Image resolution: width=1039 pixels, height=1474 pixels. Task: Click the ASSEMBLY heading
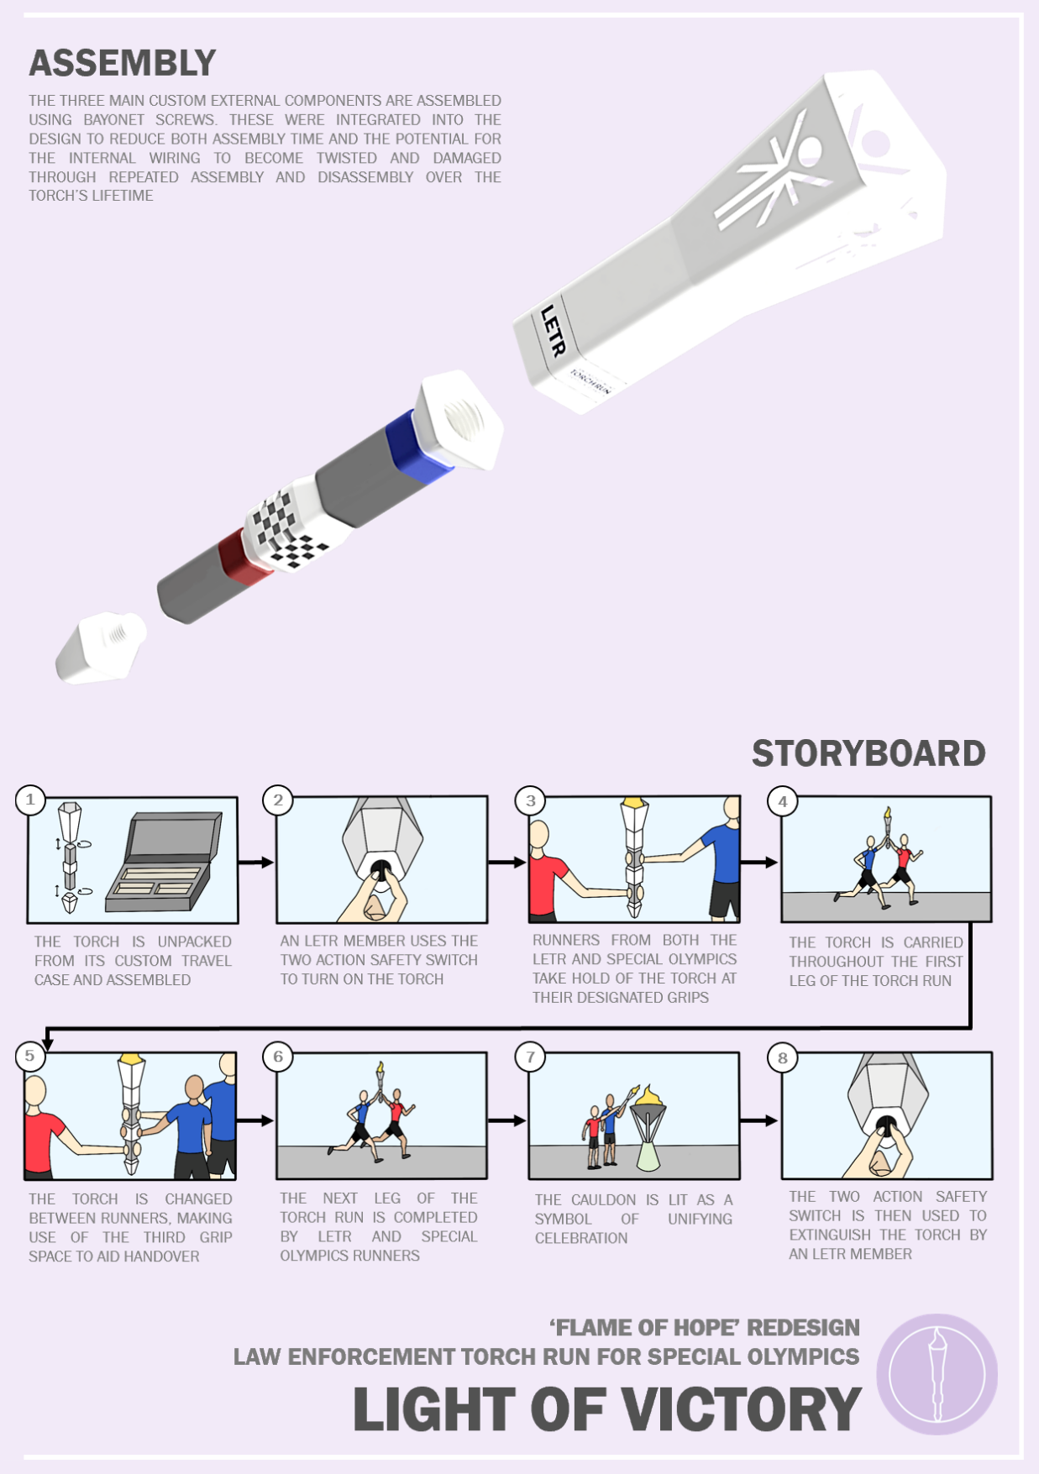click(123, 63)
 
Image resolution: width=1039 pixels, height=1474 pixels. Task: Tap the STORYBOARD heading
click(868, 753)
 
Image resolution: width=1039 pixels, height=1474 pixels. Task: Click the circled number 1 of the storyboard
click(30, 800)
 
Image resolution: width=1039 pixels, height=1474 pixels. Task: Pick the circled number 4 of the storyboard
click(783, 801)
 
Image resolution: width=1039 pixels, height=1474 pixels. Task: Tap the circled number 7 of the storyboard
click(530, 1057)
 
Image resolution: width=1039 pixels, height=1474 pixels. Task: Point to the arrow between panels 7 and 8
click(759, 1120)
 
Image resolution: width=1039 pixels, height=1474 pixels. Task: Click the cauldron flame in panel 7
click(648, 1095)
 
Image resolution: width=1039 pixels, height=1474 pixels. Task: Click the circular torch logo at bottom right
click(937, 1375)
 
